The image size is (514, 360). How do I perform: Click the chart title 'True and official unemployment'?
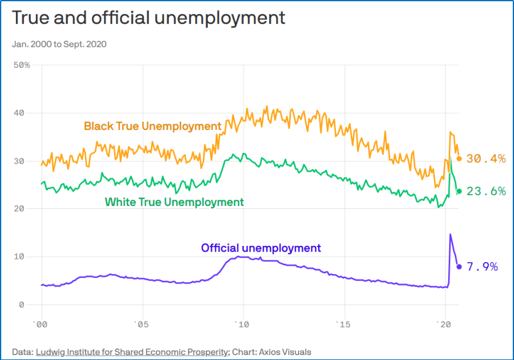point(149,18)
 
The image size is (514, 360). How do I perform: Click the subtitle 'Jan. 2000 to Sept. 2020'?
point(59,44)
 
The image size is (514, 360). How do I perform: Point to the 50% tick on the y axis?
point(22,65)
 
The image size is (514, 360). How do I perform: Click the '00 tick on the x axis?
point(41,324)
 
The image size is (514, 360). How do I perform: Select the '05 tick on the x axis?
point(142,324)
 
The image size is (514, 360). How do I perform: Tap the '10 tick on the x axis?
point(242,324)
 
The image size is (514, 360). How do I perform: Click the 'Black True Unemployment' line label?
point(152,126)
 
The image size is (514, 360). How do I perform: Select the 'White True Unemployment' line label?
point(174,202)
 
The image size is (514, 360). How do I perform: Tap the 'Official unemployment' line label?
point(261,248)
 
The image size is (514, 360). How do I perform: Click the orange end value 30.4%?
point(486,158)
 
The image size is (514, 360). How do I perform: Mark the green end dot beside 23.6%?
point(459,191)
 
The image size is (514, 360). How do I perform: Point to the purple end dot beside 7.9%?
point(459,267)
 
